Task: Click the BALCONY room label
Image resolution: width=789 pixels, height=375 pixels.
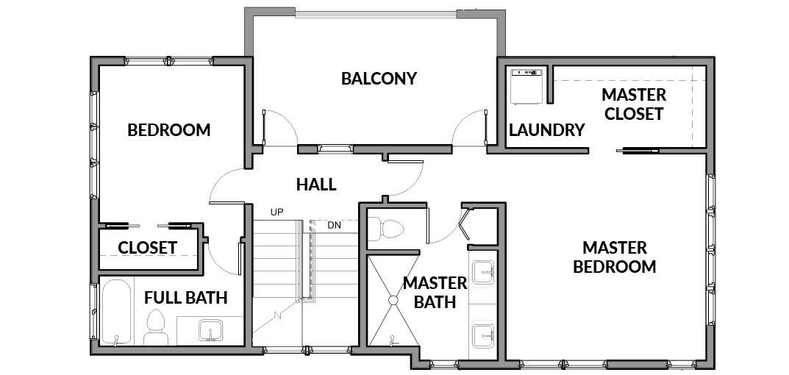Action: [x=379, y=79]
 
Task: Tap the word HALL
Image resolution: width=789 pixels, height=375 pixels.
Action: [x=316, y=185]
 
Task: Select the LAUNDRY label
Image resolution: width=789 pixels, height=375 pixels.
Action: [x=546, y=130]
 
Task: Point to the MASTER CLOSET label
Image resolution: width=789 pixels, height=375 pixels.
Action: [x=634, y=104]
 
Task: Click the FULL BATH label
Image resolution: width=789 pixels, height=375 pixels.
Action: [x=186, y=298]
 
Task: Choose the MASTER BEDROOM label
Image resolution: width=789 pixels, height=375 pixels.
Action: [x=615, y=257]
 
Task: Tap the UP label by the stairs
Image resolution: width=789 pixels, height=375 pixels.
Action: [x=276, y=213]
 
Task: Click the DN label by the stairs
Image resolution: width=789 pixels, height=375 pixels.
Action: [x=334, y=226]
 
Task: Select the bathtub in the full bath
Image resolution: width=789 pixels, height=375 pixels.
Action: [x=116, y=312]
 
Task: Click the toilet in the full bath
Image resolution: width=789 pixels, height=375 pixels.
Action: [x=156, y=327]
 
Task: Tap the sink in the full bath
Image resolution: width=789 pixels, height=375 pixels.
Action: [x=210, y=330]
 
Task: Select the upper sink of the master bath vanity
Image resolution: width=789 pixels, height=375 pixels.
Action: [x=483, y=272]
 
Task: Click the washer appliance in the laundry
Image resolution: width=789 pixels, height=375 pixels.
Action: [x=527, y=86]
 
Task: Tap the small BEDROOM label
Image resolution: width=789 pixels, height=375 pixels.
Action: [x=168, y=130]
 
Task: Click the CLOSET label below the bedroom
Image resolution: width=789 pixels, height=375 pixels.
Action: [x=148, y=248]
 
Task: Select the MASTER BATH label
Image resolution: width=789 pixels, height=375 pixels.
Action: [x=435, y=292]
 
